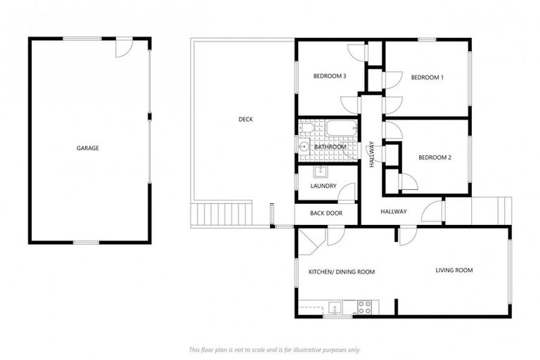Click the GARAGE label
click(x=88, y=148)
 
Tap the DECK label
click(x=245, y=120)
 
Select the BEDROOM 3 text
click(x=330, y=77)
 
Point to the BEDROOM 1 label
click(x=427, y=77)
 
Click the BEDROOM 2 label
click(x=435, y=157)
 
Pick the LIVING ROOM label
click(x=454, y=270)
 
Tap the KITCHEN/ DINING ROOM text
click(x=342, y=271)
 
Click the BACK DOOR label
click(x=326, y=212)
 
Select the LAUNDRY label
click(x=323, y=186)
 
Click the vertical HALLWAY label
click(x=372, y=154)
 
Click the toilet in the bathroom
click(x=304, y=128)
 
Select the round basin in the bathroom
click(x=304, y=147)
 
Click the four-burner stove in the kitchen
click(x=365, y=307)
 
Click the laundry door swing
click(x=347, y=188)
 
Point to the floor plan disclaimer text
click(x=274, y=349)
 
